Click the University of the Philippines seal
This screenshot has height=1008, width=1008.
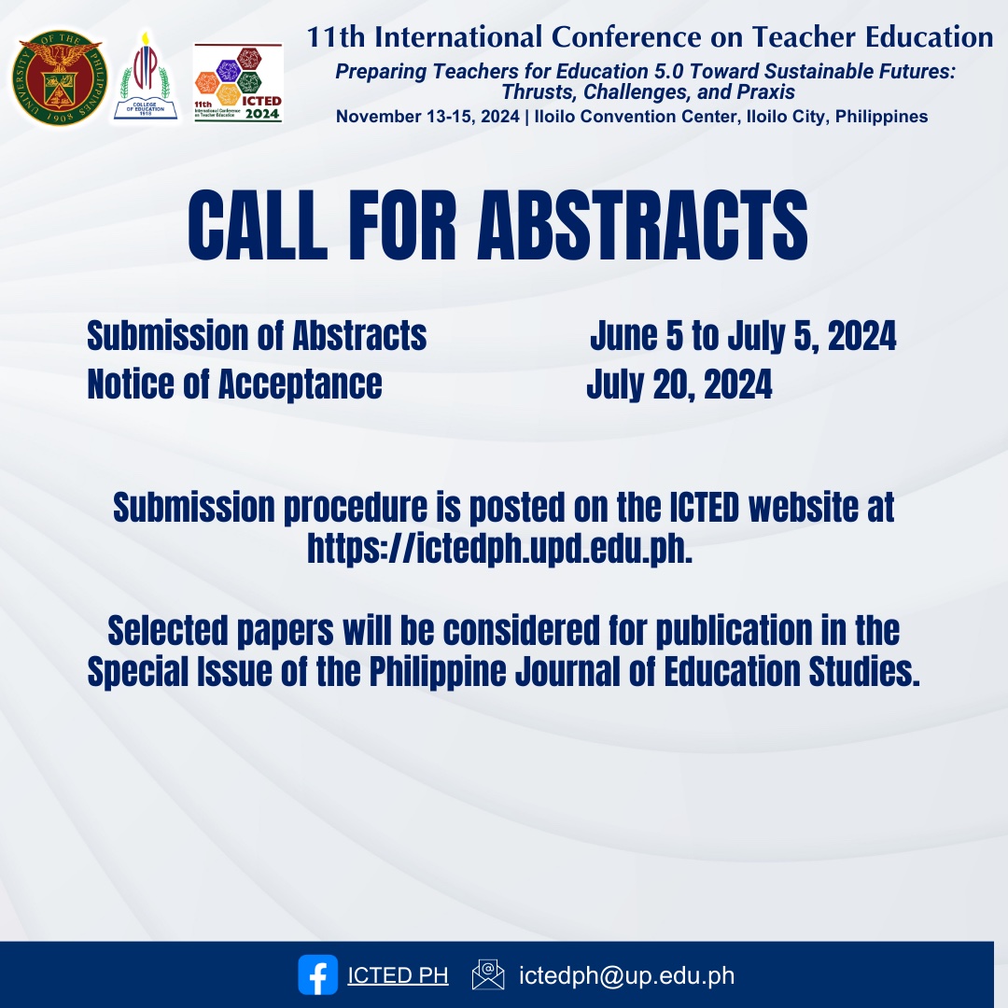59,77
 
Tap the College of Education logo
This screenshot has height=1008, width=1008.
145,77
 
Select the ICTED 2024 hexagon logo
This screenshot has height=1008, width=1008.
238,82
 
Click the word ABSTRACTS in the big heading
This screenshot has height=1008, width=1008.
642,226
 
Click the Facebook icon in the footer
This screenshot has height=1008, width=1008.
317,975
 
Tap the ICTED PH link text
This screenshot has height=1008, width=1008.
398,976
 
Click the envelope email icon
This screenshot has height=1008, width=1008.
488,975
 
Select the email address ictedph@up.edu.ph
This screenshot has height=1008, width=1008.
626,976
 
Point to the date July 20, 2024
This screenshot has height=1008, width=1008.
679,385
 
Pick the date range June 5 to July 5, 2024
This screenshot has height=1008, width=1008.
743,336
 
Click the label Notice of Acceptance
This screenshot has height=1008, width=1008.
234,385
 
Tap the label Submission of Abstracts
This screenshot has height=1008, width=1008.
257,336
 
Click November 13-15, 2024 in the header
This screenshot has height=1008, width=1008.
422,117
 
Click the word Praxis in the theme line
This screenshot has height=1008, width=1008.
763,92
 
